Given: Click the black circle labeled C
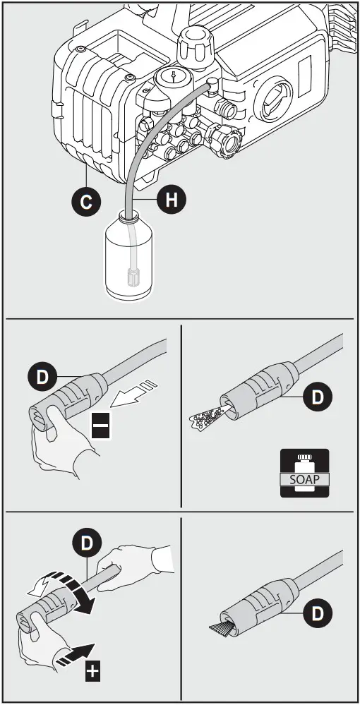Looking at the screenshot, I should click(x=85, y=203).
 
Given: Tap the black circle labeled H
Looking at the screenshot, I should click(x=171, y=200).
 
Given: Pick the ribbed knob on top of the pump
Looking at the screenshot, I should click(x=193, y=47).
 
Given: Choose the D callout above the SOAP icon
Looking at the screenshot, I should click(x=317, y=397).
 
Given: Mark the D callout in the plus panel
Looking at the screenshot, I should click(x=87, y=543).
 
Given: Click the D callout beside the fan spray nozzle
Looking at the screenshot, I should click(x=317, y=613).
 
